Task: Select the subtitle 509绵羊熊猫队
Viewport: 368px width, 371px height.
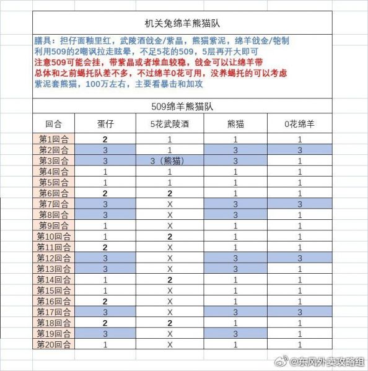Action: tap(184, 105)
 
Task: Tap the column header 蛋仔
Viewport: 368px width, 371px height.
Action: tap(105, 123)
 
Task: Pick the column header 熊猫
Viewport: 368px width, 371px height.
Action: tap(235, 123)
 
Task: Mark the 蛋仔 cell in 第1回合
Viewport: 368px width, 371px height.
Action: tap(105, 139)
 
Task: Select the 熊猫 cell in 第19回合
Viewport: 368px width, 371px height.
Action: tap(235, 333)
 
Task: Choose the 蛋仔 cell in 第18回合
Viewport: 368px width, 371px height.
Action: tap(105, 323)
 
